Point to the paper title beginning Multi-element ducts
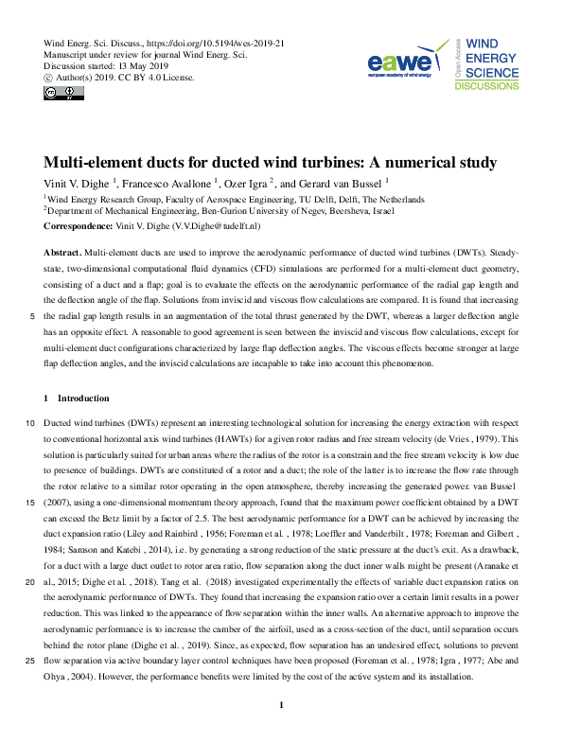(270, 162)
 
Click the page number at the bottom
(281, 705)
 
